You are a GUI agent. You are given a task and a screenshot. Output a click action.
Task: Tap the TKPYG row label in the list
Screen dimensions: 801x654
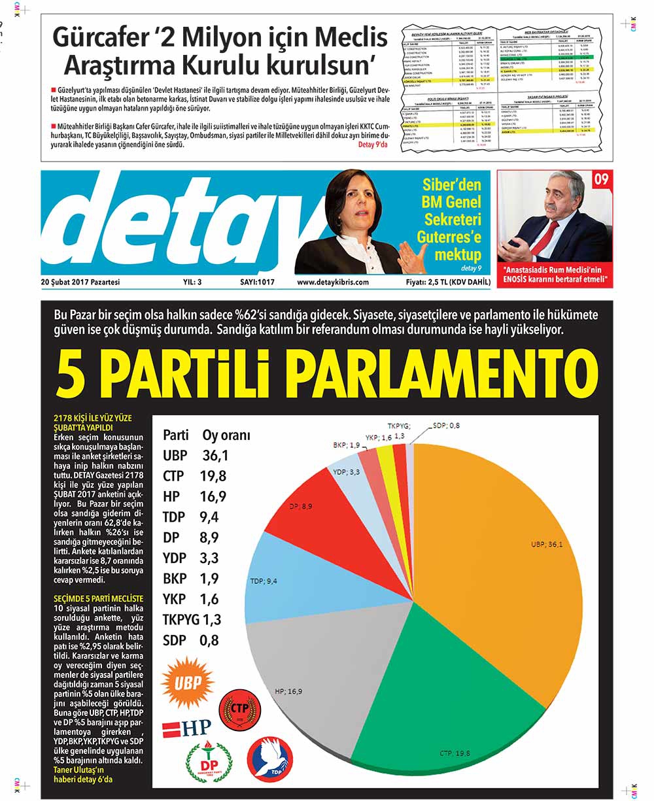(181, 619)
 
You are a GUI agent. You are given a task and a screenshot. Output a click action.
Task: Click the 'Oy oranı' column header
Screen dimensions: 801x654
(226, 435)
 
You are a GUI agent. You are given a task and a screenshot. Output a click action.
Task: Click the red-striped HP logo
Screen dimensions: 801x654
(186, 726)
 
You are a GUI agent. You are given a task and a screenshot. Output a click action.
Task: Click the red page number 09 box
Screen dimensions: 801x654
(601, 179)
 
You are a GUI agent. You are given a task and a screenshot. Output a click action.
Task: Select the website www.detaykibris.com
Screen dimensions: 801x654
(332, 282)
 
